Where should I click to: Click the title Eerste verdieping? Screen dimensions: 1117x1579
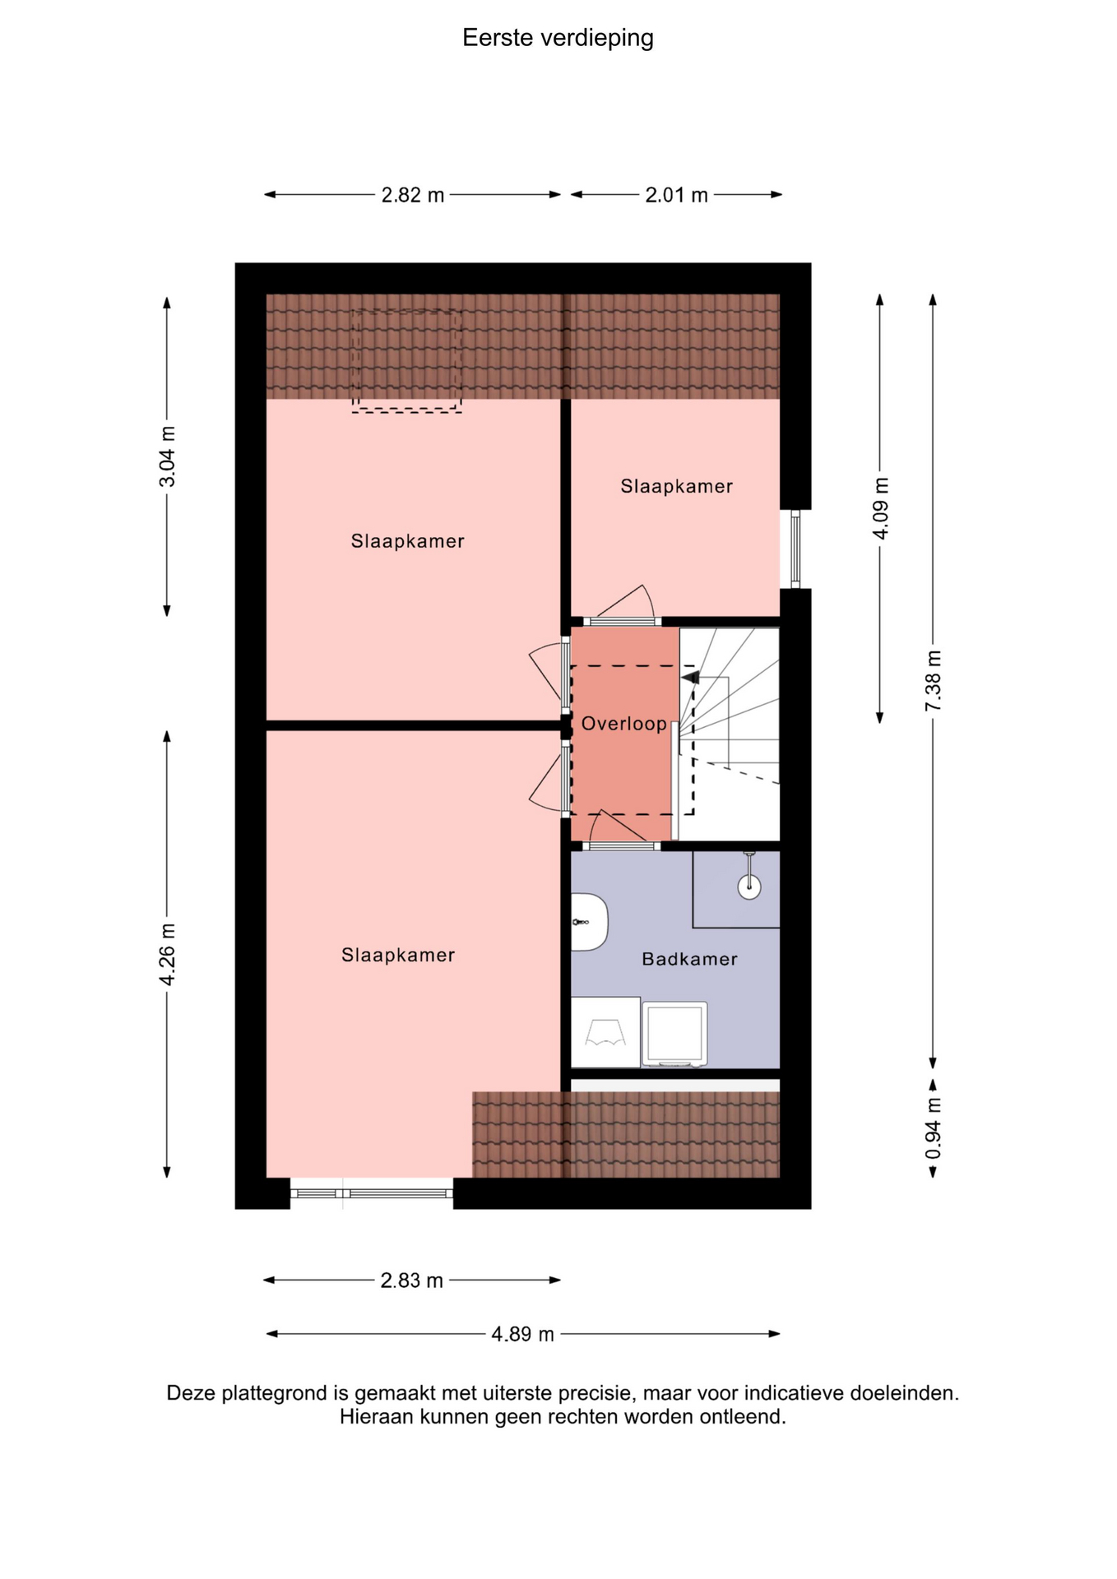pyautogui.click(x=558, y=38)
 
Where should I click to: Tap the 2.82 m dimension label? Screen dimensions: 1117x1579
pyautogui.click(x=412, y=195)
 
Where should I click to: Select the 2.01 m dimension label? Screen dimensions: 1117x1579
pyautogui.click(x=676, y=195)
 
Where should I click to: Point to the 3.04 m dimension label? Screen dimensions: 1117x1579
pyautogui.click(x=167, y=456)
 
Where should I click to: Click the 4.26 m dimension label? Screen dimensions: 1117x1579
pyautogui.click(x=167, y=954)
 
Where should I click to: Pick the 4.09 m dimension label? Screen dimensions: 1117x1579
pyautogui.click(x=880, y=508)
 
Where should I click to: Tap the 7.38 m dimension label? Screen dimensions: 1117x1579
pyautogui.click(x=933, y=681)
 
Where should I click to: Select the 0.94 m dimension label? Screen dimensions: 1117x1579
pyautogui.click(x=933, y=1128)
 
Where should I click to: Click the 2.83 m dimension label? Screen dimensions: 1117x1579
pyautogui.click(x=411, y=1280)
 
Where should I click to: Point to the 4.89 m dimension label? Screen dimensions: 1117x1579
pyautogui.click(x=522, y=1334)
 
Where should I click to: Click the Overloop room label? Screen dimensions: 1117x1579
pyautogui.click(x=623, y=724)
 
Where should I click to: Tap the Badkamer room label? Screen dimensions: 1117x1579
pyautogui.click(x=689, y=959)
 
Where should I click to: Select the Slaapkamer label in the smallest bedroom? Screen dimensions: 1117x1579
pyautogui.click(x=676, y=486)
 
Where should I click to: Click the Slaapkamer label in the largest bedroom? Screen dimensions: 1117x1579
pyautogui.click(x=398, y=955)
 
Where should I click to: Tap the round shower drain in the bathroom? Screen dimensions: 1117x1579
pyautogui.click(x=749, y=887)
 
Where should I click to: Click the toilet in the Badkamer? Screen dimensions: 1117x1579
pyautogui.click(x=589, y=922)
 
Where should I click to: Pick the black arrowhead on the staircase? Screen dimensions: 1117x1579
pyautogui.click(x=690, y=678)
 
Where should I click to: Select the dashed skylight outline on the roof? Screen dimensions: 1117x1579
pyautogui.click(x=406, y=360)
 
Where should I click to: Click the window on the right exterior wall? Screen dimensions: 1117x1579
pyautogui.click(x=795, y=549)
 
